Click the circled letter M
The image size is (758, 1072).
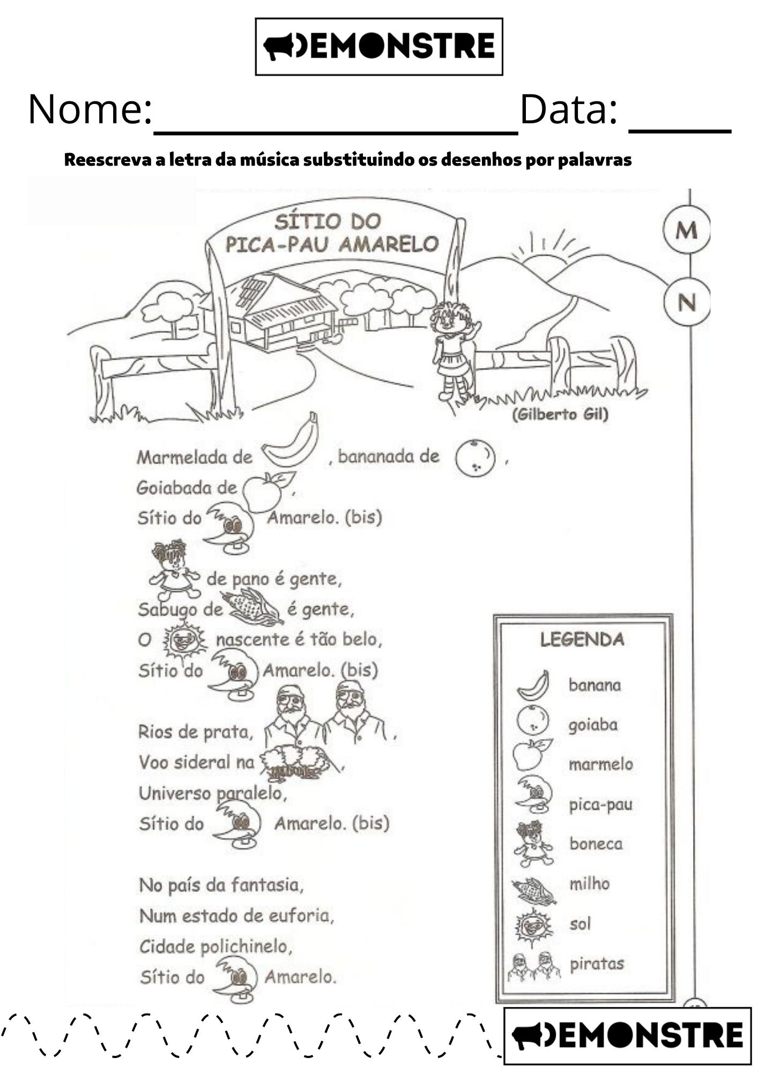click(686, 230)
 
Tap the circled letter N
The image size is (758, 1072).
click(686, 303)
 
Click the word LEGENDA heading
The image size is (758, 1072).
click(582, 639)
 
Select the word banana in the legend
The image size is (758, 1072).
click(594, 685)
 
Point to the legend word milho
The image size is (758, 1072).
click(589, 883)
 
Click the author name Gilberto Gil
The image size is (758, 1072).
click(560, 414)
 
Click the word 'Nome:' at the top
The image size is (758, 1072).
click(90, 110)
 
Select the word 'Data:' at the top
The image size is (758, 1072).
click(568, 110)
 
